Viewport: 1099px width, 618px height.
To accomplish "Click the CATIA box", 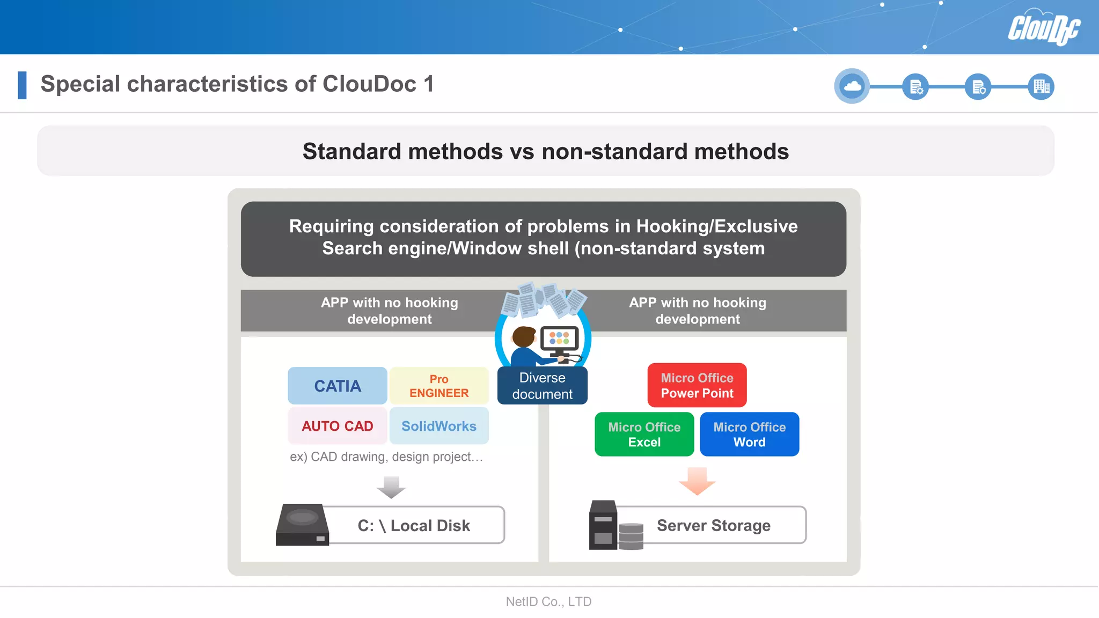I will pos(337,386).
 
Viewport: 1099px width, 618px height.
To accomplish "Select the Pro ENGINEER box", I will pos(439,386).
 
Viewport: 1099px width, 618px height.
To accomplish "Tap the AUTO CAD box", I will pos(337,426).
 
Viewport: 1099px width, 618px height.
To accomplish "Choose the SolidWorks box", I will pos(439,426).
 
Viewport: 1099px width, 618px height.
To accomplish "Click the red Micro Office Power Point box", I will pos(697,385).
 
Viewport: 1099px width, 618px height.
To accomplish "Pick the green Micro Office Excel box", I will pos(644,435).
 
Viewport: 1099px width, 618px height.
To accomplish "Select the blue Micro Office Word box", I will pos(749,435).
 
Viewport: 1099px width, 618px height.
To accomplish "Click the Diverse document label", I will pos(542,386).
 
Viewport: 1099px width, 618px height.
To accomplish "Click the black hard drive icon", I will pos(302,525).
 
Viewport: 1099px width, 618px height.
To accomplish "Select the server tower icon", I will pos(603,525).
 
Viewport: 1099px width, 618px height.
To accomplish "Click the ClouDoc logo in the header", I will pos(1043,28).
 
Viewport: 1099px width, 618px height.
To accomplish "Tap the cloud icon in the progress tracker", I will pos(852,86).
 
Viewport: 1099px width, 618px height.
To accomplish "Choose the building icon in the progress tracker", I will pos(1041,86).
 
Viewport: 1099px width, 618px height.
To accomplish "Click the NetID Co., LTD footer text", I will pos(548,602).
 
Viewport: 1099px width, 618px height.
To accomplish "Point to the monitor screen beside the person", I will pos(559,338).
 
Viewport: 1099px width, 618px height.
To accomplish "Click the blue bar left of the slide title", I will pos(22,85).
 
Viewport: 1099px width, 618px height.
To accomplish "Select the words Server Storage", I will pos(713,526).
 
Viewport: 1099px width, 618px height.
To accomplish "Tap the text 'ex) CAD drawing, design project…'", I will pos(386,457).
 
